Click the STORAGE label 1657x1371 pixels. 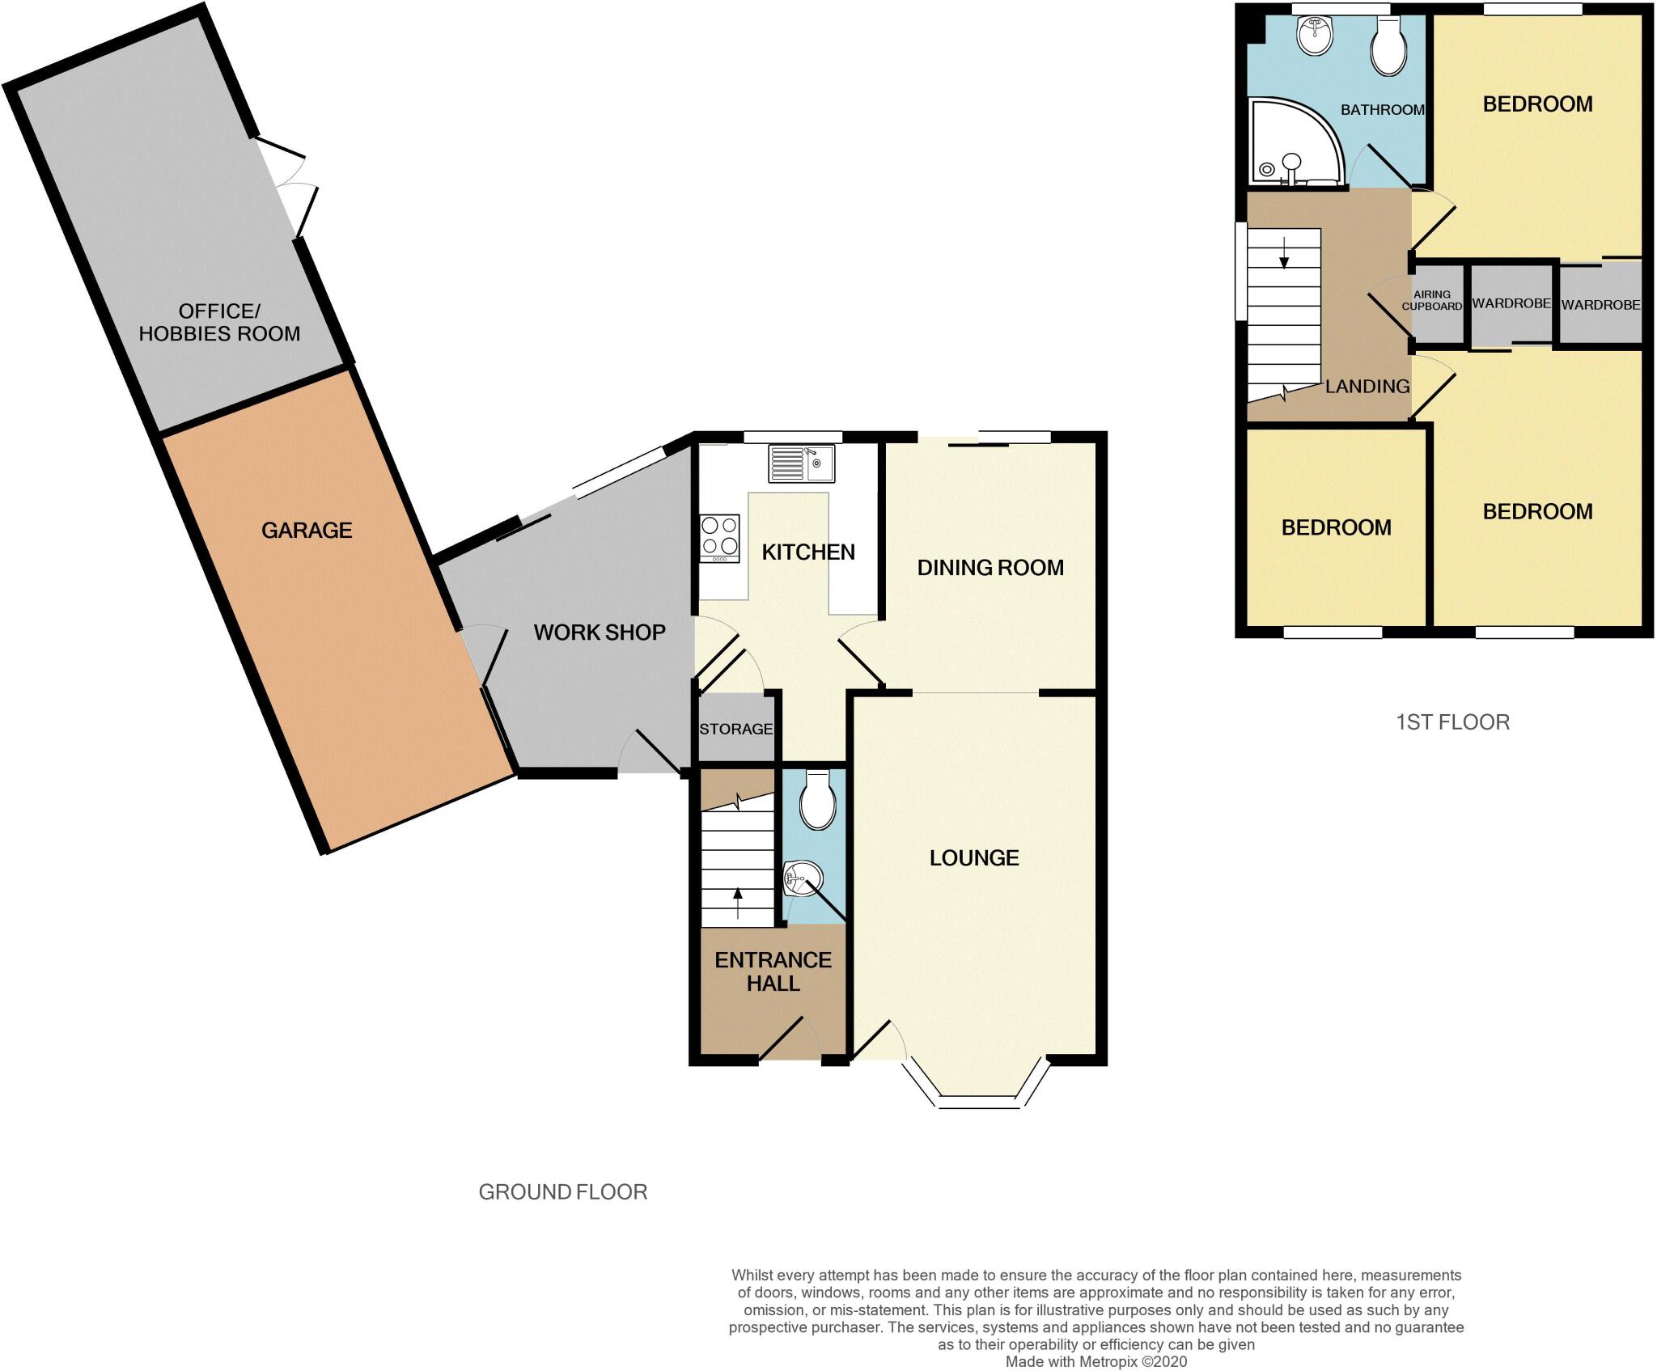(735, 729)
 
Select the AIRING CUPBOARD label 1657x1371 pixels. (1431, 301)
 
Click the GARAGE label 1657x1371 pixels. (307, 531)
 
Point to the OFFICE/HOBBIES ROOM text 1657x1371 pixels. (219, 323)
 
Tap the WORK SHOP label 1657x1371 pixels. (600, 633)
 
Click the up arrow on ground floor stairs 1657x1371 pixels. (737, 903)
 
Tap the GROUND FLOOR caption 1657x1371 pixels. (562, 1192)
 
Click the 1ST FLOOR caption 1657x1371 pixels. (1452, 722)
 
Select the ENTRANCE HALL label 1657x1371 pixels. (773, 971)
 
